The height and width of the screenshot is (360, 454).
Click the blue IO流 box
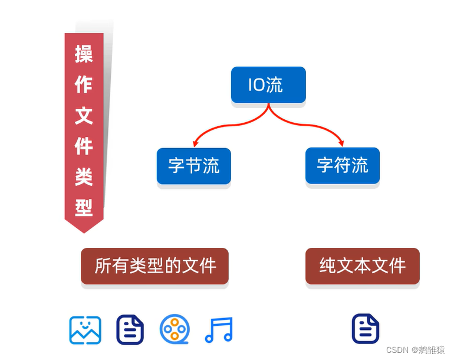[x=268, y=85]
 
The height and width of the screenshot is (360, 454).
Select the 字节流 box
[x=193, y=165]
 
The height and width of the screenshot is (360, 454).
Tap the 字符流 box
[x=343, y=165]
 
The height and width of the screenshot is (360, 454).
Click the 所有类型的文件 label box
[x=154, y=266]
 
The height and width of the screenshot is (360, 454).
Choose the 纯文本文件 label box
[x=362, y=266]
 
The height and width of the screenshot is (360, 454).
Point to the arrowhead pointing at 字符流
[x=341, y=143]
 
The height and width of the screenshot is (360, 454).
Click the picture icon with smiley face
[x=85, y=330]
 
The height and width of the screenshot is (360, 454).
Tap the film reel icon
[x=175, y=330]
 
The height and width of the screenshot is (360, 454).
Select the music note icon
[x=219, y=330]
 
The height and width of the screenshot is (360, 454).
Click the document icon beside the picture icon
[x=130, y=330]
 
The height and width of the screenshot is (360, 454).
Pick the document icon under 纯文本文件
[x=366, y=329]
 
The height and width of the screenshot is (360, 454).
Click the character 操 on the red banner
[x=84, y=54]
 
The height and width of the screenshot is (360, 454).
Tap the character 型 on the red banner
[x=84, y=207]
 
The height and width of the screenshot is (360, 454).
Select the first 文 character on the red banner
[x=84, y=115]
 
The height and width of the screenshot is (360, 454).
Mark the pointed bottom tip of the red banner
[x=84, y=231]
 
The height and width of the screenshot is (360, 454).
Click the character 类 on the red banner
[x=84, y=176]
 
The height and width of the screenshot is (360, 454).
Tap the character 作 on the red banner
[x=84, y=84]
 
